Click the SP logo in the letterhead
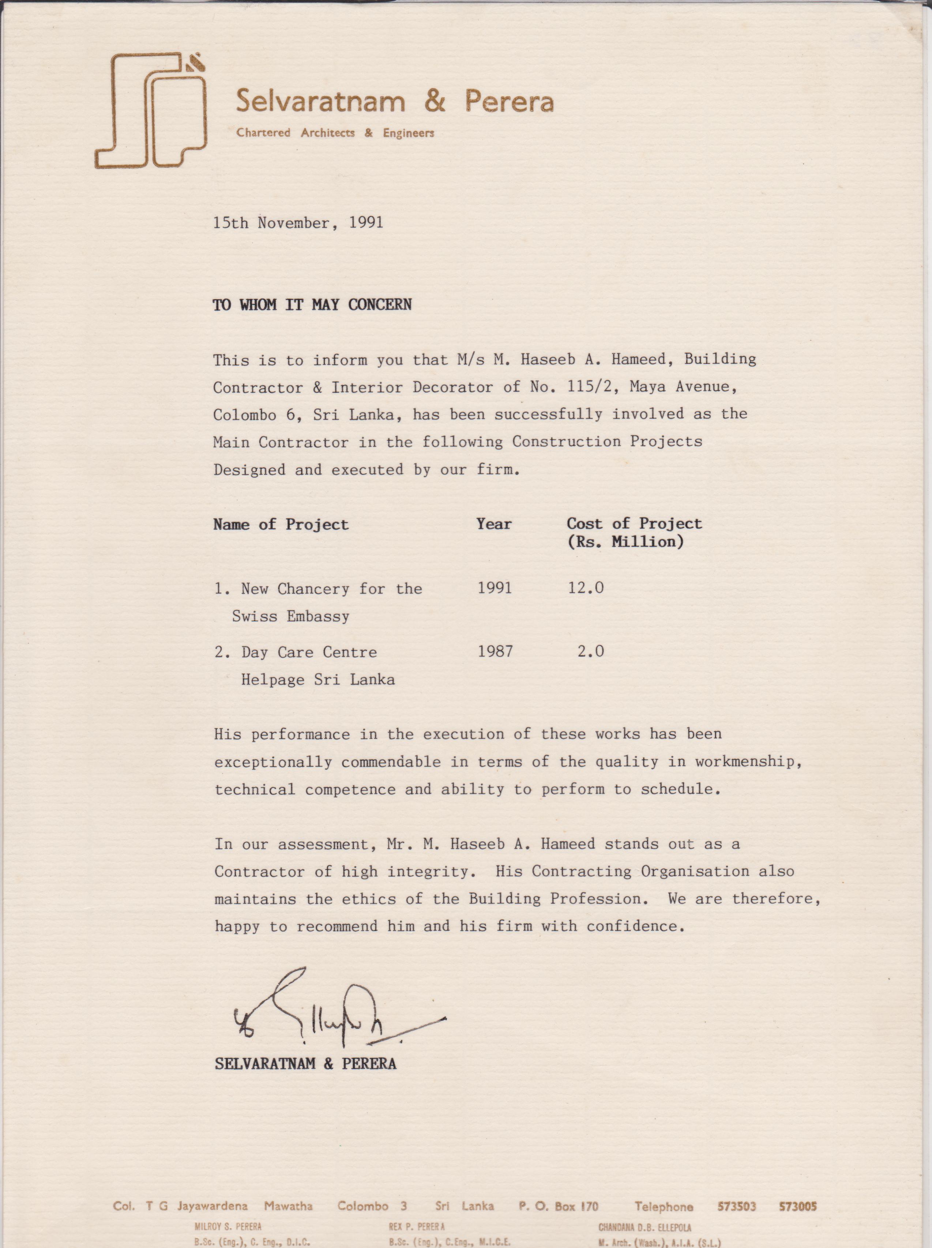coord(151,111)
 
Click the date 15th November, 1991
coord(298,223)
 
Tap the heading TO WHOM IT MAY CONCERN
coord(312,305)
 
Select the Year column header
coord(494,524)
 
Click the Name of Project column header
coord(281,525)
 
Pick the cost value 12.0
coord(586,588)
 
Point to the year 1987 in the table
coord(495,652)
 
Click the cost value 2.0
coord(591,652)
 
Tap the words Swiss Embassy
coord(290,617)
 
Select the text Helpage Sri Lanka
coord(317,680)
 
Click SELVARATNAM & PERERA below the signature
coord(305,1064)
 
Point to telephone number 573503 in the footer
coord(736,1207)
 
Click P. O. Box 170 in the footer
coord(558,1207)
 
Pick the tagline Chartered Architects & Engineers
coord(335,133)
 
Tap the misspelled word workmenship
coord(748,762)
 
